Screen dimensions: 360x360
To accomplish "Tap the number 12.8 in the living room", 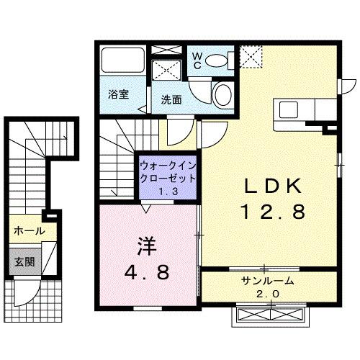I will pos(274,212).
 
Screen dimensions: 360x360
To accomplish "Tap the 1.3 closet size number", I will pos(167,191).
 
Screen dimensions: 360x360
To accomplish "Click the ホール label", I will pos(29,232).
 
